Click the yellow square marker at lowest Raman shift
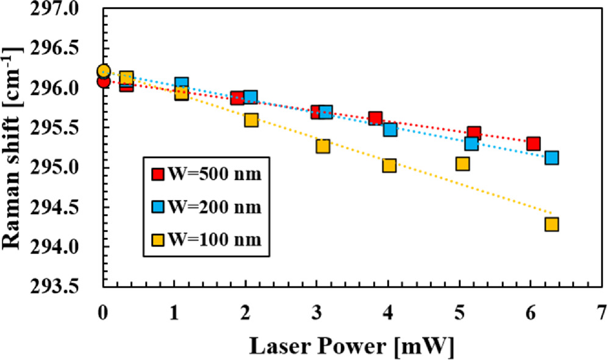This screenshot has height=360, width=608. pyautogui.click(x=552, y=225)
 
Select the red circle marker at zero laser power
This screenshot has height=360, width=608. pyautogui.click(x=103, y=81)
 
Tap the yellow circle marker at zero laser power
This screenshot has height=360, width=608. pyautogui.click(x=104, y=71)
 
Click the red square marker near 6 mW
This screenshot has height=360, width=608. pyautogui.click(x=534, y=144)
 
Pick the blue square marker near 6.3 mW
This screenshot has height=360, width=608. pyautogui.click(x=552, y=157)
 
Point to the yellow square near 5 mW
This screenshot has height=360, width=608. pyautogui.click(x=462, y=164)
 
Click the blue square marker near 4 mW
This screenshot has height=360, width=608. pyautogui.click(x=390, y=129)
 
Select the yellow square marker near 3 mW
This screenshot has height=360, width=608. pyautogui.click(x=323, y=146)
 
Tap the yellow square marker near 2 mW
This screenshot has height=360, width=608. pyautogui.click(x=251, y=120)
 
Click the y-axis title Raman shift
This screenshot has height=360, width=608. pyautogui.click(x=13, y=142)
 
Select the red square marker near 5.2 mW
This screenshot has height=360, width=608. pyautogui.click(x=474, y=134)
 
